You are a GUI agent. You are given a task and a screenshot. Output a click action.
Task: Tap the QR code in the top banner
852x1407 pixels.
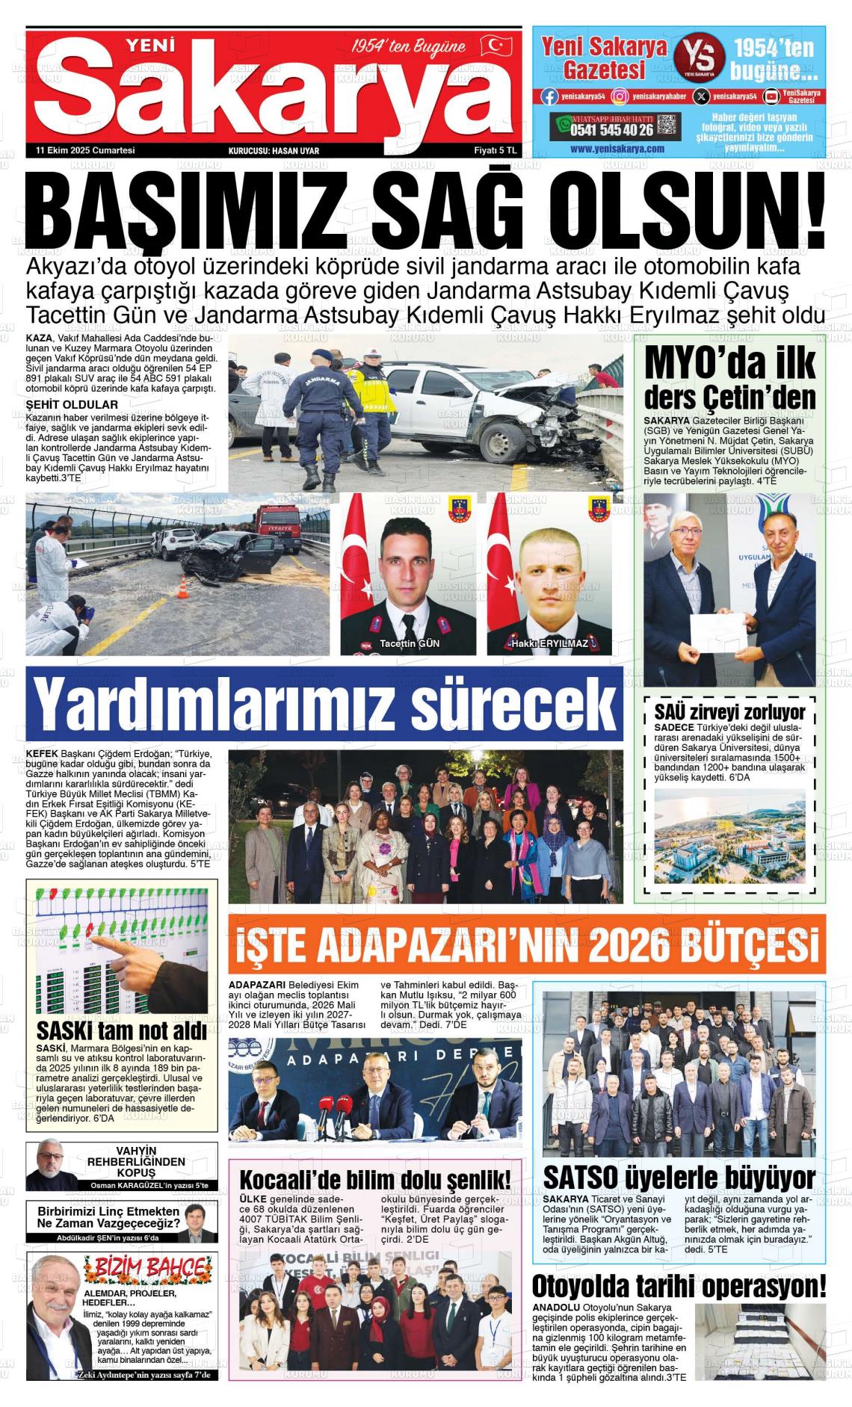668,125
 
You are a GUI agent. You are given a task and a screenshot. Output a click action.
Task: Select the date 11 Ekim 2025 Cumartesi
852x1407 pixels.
85,150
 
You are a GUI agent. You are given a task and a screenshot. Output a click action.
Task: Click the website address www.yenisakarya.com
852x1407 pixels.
617,149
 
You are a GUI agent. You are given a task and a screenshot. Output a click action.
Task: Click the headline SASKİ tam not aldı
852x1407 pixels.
121,1032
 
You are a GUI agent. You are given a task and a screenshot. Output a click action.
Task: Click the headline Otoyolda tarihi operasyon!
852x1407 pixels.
679,1286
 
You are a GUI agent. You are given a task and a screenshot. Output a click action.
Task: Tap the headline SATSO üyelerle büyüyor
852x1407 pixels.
679,1178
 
